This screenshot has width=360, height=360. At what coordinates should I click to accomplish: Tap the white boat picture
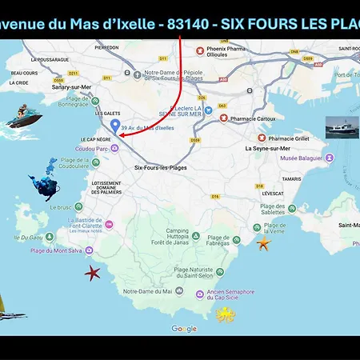342,126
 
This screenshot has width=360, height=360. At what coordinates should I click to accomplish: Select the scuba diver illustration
45,182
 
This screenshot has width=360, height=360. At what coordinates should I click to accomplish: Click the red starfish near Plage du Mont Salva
93,272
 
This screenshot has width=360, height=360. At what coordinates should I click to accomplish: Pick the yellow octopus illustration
226,314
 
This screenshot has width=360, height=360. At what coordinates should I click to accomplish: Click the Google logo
184,329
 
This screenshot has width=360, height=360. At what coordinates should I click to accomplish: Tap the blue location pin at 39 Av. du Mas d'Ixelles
115,126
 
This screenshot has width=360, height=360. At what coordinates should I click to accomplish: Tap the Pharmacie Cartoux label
254,118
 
